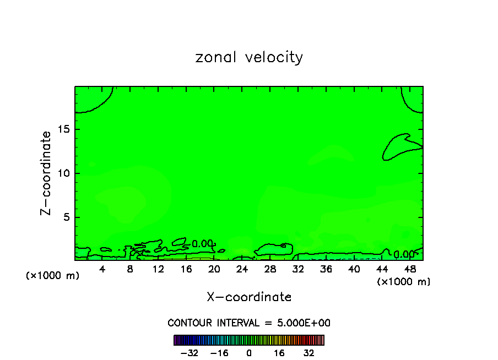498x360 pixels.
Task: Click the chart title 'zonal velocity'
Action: [x=249, y=57]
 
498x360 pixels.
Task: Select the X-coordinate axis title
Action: [x=249, y=297]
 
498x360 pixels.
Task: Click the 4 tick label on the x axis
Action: [x=102, y=269]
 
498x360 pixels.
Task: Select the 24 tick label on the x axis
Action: [x=242, y=269]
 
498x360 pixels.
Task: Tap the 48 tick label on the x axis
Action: [x=409, y=269]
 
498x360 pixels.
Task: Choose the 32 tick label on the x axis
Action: [x=298, y=269]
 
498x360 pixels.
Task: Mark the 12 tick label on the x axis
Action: [x=158, y=269]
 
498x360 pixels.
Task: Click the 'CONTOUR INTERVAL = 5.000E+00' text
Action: [x=249, y=323]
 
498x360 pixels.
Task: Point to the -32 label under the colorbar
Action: [x=190, y=353]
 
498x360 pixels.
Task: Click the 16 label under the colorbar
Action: [x=279, y=353]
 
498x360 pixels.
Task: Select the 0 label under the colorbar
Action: [x=249, y=353]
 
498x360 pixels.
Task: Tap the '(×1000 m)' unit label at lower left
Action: [x=52, y=276]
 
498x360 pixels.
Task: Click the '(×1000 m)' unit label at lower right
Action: [x=404, y=282]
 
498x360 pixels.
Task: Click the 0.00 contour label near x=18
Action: [x=202, y=244]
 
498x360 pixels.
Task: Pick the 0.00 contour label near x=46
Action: [x=404, y=254]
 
